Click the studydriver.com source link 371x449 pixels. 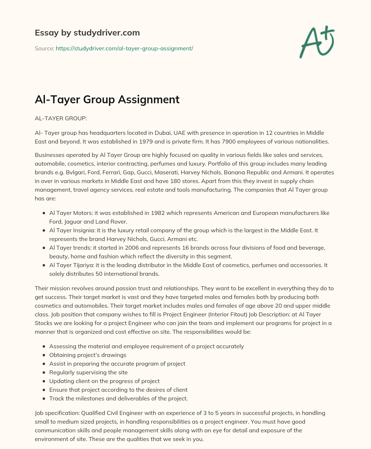tap(124, 48)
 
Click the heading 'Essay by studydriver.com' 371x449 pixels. tap(87, 33)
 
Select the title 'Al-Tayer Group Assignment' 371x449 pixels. tap(107, 99)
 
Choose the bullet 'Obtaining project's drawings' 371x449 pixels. tap(88, 355)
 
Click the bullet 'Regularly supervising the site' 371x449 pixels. tap(88, 372)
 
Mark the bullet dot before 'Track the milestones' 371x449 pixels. tap(44, 399)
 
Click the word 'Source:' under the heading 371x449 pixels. tap(44, 48)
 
